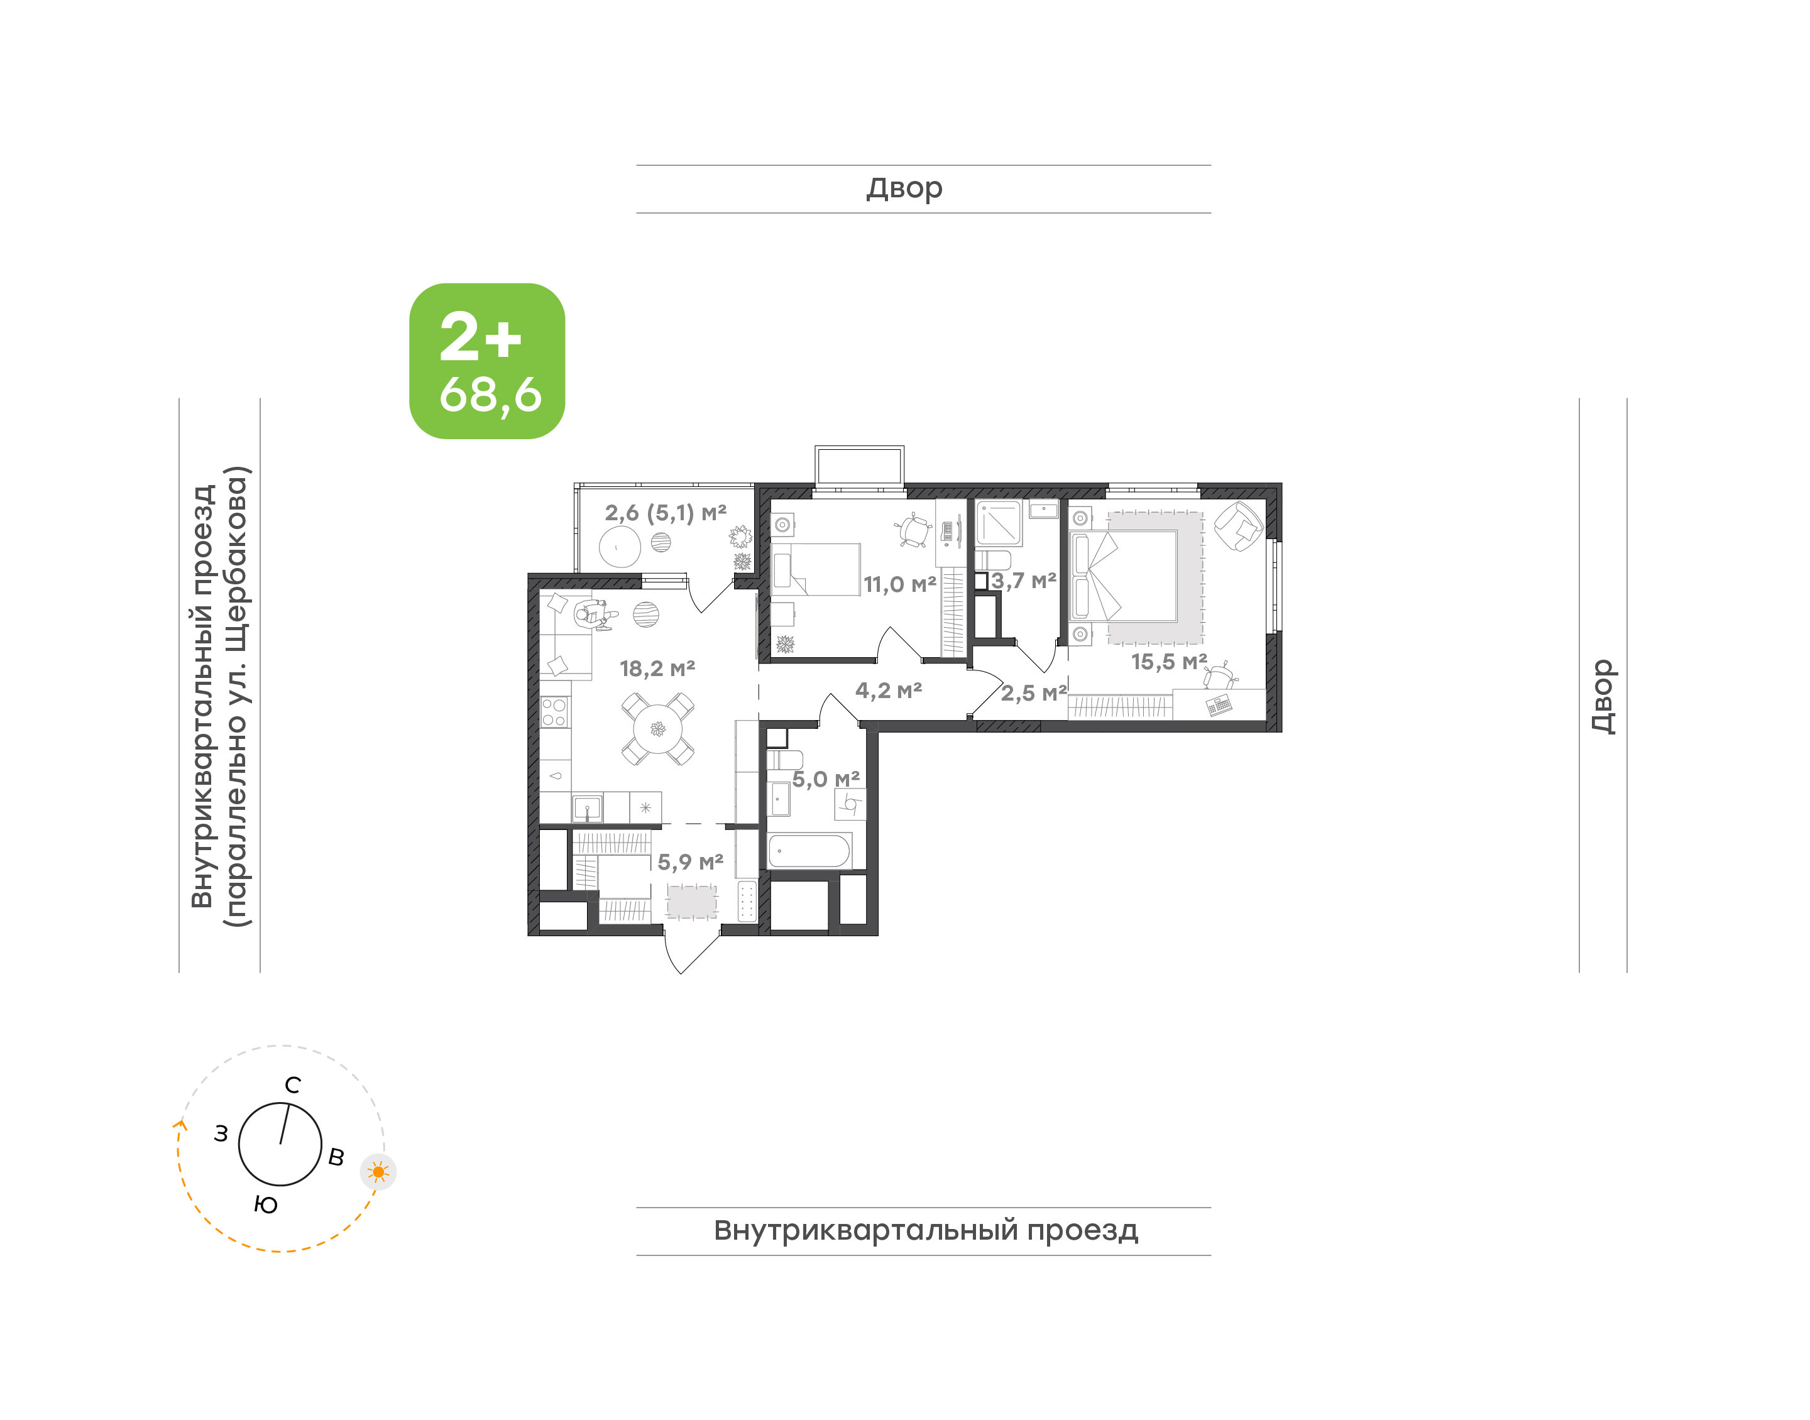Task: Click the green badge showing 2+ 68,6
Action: [x=486, y=361]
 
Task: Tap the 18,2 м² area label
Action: [x=657, y=669]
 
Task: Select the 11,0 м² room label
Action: [x=899, y=584]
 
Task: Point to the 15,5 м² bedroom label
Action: [x=1169, y=662]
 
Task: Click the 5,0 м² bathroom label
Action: [x=826, y=779]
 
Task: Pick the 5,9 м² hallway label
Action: [x=690, y=862]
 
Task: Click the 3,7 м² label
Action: [x=1024, y=581]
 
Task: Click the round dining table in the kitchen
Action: [x=657, y=729]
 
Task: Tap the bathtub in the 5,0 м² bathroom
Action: [x=809, y=851]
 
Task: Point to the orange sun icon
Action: [x=378, y=1172]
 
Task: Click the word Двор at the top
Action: [x=904, y=188]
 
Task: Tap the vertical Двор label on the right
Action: [x=1604, y=697]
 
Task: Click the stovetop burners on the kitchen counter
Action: [x=554, y=713]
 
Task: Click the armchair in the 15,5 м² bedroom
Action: [x=1239, y=525]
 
